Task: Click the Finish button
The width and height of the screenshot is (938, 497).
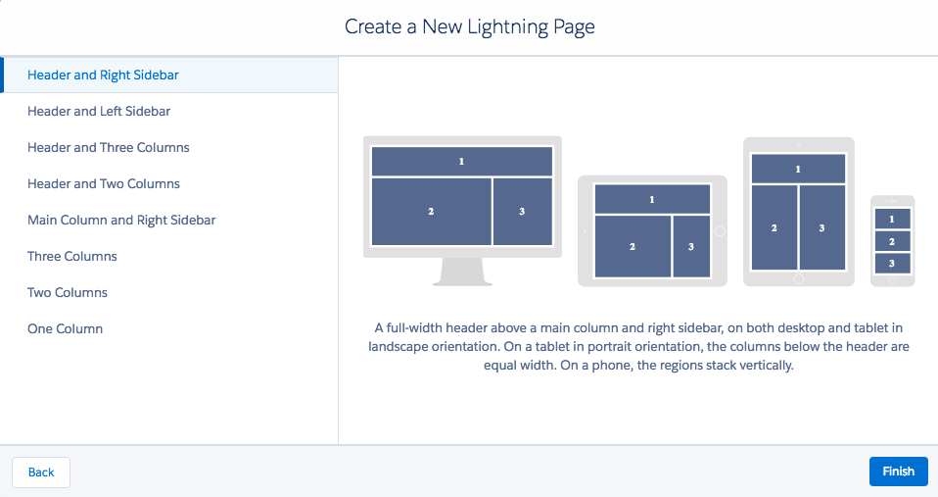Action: click(899, 472)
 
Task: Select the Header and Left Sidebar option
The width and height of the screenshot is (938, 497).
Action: click(99, 112)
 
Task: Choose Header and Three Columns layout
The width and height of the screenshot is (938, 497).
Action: click(109, 147)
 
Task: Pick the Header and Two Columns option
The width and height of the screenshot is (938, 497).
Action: click(104, 184)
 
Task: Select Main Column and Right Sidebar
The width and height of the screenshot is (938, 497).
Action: click(121, 221)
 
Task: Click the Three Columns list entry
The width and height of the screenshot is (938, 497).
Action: click(71, 256)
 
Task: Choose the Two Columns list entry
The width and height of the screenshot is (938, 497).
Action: click(67, 293)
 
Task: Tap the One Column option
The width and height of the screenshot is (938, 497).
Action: click(65, 328)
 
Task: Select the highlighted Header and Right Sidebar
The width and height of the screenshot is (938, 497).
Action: click(103, 75)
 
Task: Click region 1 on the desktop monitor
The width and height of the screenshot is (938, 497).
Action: click(462, 161)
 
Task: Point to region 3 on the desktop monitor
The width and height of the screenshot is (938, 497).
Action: click(522, 212)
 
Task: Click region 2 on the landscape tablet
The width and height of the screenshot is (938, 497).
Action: click(633, 246)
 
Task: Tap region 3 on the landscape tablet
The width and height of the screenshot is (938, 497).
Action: click(691, 246)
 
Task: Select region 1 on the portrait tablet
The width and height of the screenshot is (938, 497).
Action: click(798, 169)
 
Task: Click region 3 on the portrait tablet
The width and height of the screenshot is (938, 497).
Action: click(821, 227)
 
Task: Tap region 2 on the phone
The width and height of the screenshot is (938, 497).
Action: click(892, 241)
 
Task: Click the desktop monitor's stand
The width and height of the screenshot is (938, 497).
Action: click(462, 272)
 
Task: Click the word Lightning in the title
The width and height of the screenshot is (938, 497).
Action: click(508, 26)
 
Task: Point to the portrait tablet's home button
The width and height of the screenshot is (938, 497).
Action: click(799, 278)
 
